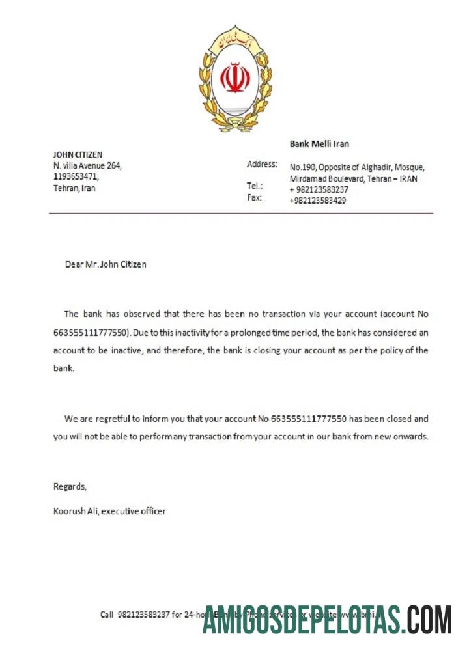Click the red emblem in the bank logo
235,78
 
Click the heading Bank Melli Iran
319,144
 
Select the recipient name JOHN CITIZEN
78,154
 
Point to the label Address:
262,164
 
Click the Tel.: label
255,186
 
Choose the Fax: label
254,197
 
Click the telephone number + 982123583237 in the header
319,189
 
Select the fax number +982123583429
317,201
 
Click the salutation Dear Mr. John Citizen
106,264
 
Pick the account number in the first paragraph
91,332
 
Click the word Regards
69,486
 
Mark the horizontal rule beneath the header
240,213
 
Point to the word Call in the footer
107,614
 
